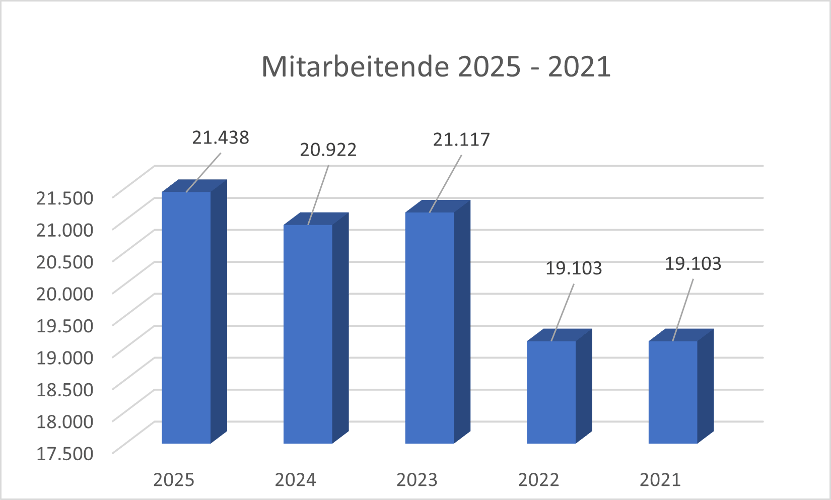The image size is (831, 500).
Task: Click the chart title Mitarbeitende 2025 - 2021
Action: [x=436, y=66]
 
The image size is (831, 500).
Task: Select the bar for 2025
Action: [x=186, y=317]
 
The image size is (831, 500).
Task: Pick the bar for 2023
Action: [x=430, y=327]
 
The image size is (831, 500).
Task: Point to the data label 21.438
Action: [x=221, y=137]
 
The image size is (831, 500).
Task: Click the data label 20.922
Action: [x=328, y=150]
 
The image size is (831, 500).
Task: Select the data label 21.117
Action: [x=461, y=139]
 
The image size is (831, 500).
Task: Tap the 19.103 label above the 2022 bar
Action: [x=574, y=268]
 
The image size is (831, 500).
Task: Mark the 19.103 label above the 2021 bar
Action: [x=693, y=263]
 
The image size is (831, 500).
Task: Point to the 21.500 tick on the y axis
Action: [x=64, y=198]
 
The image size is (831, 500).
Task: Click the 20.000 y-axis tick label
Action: [x=64, y=294]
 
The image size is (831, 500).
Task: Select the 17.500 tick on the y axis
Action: [x=64, y=453]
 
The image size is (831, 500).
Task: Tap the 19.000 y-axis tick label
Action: [x=64, y=358]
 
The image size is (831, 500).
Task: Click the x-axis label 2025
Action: [x=174, y=480]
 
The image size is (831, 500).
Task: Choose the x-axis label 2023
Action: [x=417, y=480]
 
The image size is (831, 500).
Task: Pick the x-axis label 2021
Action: [x=660, y=480]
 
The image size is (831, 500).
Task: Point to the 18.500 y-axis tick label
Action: [x=64, y=389]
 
